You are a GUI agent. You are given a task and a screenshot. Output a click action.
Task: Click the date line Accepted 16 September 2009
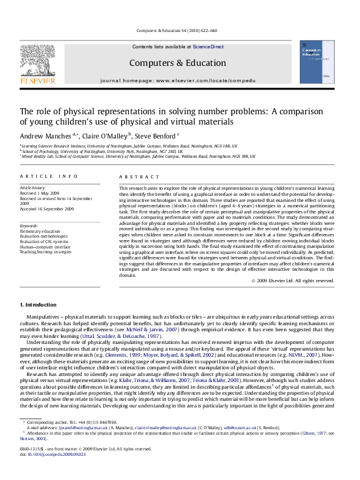coord(51,209)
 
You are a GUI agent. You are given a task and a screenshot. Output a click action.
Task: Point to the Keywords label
coord(30,225)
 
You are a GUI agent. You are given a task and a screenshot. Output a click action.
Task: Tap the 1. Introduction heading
coord(40,303)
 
